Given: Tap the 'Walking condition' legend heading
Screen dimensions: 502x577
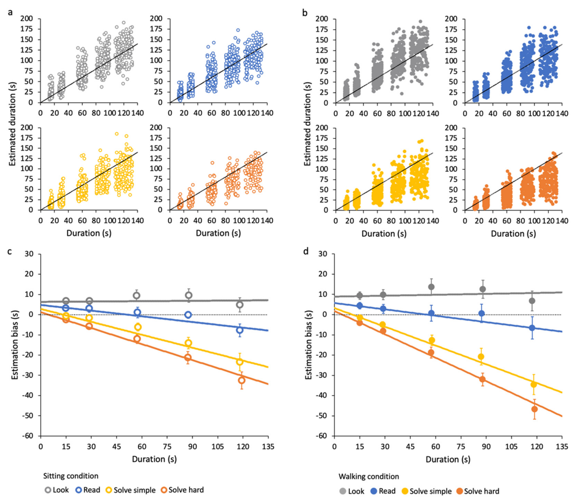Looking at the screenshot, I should pos(369,477).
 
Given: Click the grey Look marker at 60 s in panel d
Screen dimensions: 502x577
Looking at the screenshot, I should pos(431,287).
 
